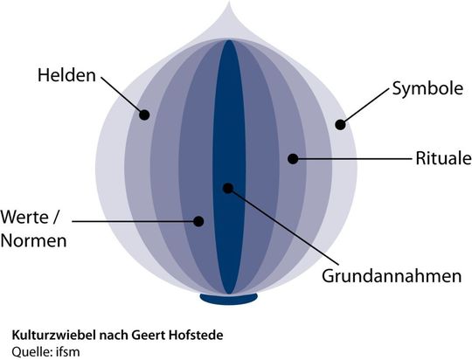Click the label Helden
66,75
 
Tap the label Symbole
427,89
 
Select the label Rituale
443,158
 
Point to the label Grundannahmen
392,276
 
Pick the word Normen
34,241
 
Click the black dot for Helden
144,114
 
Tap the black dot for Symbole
340,124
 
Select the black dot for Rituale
293,159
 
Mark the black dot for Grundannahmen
228,188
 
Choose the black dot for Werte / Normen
198,221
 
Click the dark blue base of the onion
229,299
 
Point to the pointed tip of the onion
229,3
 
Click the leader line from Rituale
352,158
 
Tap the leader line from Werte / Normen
135,221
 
